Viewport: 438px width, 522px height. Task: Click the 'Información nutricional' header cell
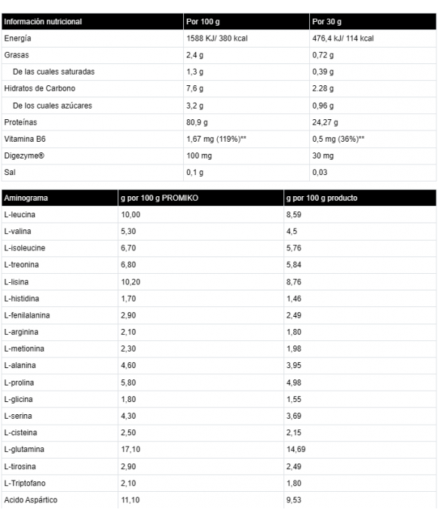pos(43,22)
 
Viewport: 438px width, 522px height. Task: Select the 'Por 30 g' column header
pos(329,22)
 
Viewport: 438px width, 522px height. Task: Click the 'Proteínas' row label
pos(20,121)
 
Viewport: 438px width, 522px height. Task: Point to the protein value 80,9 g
pos(197,121)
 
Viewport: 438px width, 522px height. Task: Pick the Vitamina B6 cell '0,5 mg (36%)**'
pos(339,138)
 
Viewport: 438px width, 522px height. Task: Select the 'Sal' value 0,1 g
pos(194,172)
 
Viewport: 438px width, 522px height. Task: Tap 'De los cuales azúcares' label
pos(53,105)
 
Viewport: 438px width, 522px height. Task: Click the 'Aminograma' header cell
pos(26,198)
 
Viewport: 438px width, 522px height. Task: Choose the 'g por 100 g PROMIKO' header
pos(160,198)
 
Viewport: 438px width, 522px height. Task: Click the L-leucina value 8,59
pos(294,215)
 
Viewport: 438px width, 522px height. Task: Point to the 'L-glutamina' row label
pos(23,449)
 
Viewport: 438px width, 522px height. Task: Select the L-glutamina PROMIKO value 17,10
pos(131,449)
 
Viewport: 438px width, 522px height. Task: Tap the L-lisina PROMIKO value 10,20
pos(131,281)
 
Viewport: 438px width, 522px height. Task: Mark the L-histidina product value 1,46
pos(294,299)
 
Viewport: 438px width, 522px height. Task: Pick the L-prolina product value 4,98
pos(294,382)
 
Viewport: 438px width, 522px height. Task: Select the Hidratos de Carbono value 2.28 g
pos(326,88)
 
